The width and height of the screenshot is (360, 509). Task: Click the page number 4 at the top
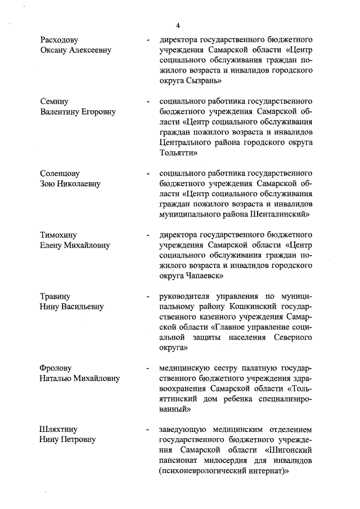click(178, 25)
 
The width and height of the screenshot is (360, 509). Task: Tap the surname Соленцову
click(60, 173)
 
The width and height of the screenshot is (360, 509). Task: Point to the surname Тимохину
click(58, 235)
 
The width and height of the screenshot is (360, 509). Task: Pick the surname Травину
click(56, 296)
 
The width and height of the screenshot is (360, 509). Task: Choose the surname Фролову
click(56, 368)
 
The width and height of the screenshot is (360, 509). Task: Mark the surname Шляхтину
click(60, 430)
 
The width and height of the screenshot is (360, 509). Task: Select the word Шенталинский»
click(276, 214)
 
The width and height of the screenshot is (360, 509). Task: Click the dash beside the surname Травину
click(147, 296)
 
